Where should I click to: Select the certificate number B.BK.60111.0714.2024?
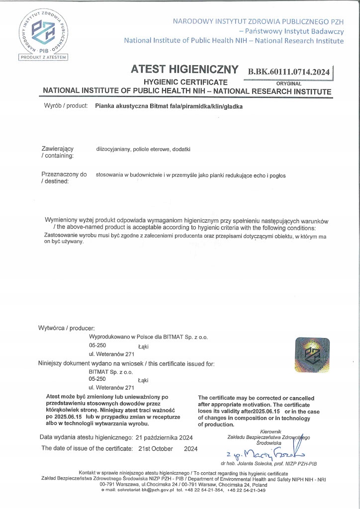point(288,72)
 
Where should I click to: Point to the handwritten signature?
point(264,453)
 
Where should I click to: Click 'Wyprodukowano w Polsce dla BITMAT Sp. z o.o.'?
point(148,337)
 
